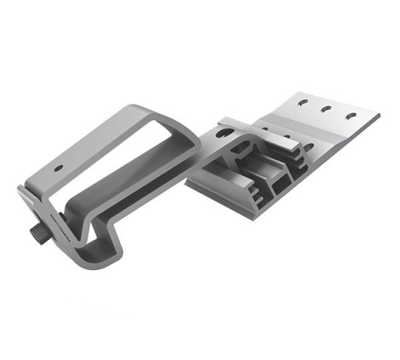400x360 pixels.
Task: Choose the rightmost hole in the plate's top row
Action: pos(351,114)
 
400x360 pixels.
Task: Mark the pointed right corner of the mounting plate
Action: pos(378,116)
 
